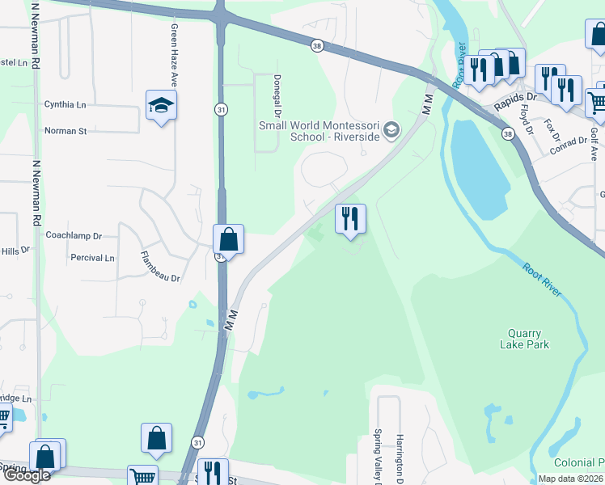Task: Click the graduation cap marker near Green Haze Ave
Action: click(162, 106)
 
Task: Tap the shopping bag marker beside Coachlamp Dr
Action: click(229, 240)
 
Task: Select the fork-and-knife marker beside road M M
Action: click(350, 219)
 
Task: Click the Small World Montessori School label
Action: click(319, 131)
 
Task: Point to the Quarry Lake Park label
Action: click(529, 339)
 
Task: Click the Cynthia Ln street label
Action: click(66, 104)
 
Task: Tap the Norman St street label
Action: click(66, 130)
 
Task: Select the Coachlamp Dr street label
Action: click(74, 236)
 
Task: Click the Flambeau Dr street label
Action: click(159, 267)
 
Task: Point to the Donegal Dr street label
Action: click(277, 92)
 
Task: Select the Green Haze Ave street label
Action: click(174, 55)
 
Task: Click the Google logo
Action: click(27, 475)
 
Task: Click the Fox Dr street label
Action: click(552, 129)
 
